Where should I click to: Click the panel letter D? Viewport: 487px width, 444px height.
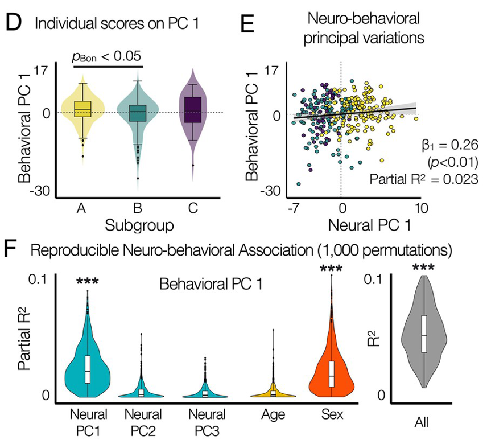(14, 25)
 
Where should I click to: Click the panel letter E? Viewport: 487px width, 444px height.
(247, 25)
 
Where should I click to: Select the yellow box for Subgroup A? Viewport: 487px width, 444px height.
(82, 108)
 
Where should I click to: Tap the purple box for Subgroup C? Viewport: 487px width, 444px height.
(193, 109)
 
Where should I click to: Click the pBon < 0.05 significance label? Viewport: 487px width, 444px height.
(106, 56)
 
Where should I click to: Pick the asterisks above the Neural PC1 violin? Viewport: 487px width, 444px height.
(88, 282)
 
